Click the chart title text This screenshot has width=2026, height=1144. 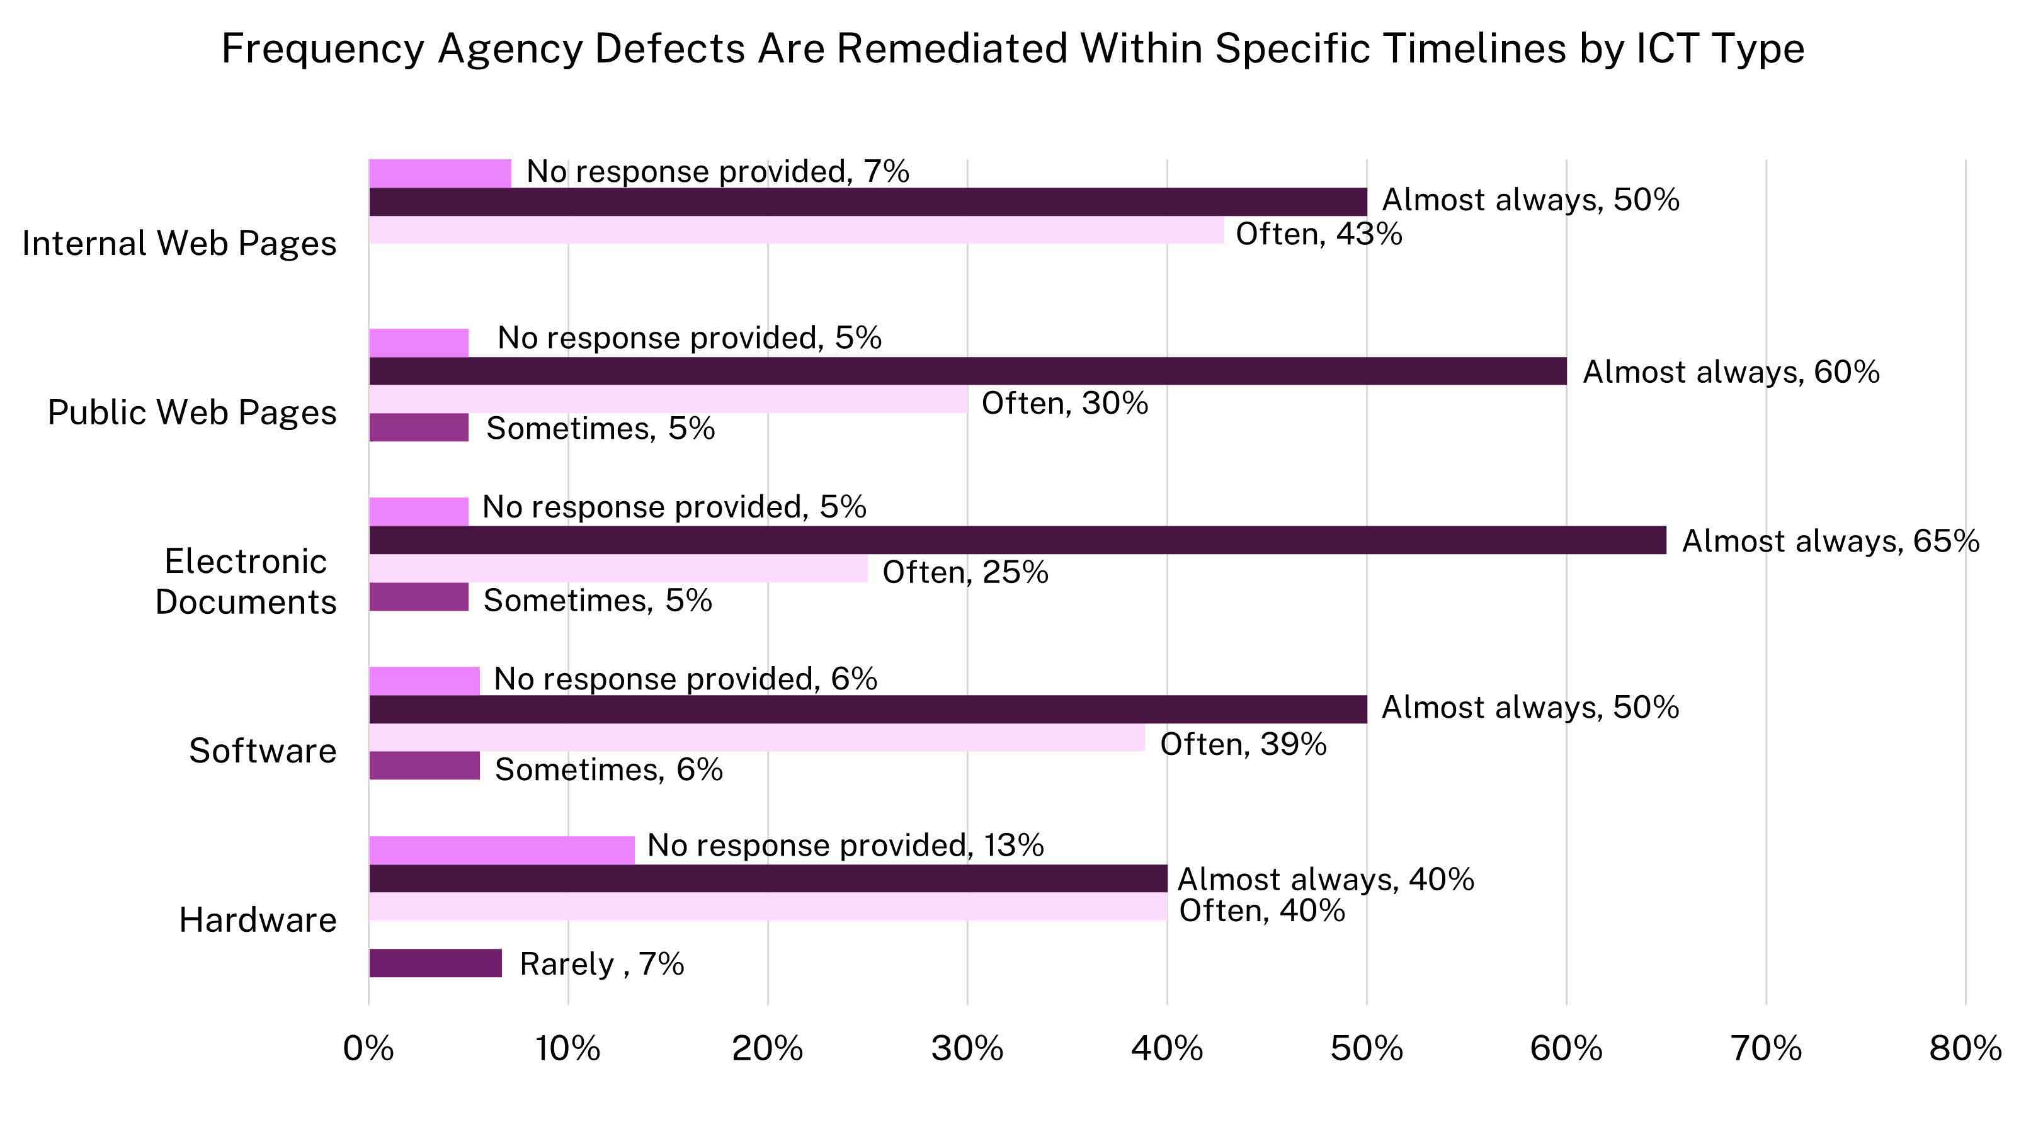(x=1012, y=48)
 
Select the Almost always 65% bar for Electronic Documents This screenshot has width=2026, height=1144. (x=1017, y=540)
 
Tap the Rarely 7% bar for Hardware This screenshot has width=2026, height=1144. (x=435, y=963)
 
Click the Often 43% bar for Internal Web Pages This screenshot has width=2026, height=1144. (x=796, y=230)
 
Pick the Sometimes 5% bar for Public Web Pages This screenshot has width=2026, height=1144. (x=418, y=428)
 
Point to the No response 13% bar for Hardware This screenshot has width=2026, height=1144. (x=501, y=850)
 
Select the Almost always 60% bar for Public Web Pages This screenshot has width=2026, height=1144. (x=967, y=371)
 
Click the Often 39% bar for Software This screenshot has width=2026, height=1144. (x=756, y=737)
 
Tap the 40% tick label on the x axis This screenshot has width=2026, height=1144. (x=1166, y=1049)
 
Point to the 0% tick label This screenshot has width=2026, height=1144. (x=368, y=1049)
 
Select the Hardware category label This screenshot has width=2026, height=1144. (x=258, y=920)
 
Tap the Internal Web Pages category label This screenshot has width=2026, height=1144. (x=179, y=243)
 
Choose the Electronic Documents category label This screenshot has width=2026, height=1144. (x=246, y=581)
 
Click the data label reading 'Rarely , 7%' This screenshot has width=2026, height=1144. (x=601, y=964)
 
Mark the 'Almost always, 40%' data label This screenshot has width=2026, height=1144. (x=1325, y=879)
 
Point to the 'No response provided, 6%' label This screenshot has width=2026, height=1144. (x=685, y=679)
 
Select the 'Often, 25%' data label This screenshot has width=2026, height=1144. (x=965, y=572)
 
